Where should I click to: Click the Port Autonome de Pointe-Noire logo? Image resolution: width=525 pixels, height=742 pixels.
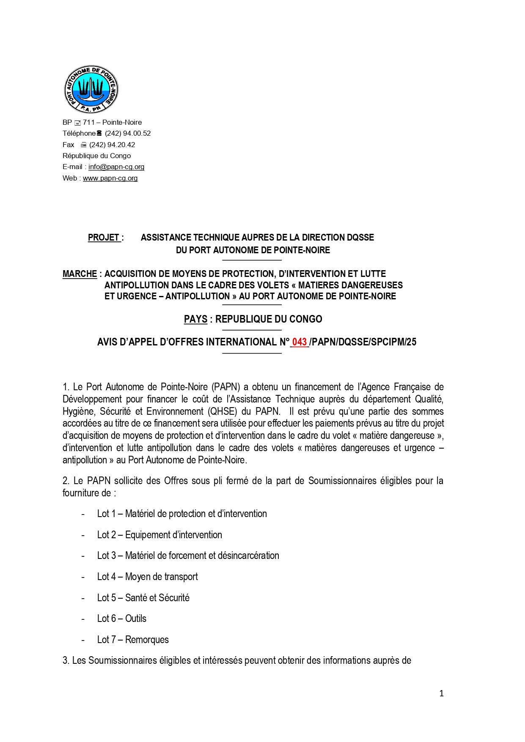tap(91, 89)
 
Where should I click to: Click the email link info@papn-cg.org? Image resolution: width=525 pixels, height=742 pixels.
tap(116, 167)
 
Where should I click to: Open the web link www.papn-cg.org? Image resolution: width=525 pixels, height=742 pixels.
tap(110, 178)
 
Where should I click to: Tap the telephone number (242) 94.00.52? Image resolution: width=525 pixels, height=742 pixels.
tap(128, 134)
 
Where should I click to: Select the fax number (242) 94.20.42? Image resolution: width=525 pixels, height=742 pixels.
tap(112, 145)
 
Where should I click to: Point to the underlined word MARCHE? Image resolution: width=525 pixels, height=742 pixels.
tap(80, 274)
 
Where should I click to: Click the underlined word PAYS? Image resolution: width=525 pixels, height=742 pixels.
tap(195, 319)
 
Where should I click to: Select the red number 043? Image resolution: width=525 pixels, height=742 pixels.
tap(300, 342)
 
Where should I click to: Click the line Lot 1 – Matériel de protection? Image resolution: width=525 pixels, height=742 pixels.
tap(182, 514)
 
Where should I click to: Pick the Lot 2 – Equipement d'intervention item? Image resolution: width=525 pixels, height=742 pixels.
tap(159, 535)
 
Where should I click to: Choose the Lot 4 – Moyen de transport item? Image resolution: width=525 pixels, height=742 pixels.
tap(147, 577)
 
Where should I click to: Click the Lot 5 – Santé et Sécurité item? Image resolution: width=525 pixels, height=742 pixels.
tap(143, 598)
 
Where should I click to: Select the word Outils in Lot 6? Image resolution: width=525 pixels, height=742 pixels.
tap(136, 619)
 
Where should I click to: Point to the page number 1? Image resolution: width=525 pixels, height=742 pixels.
tap(442, 693)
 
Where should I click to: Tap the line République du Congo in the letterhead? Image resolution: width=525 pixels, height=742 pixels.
tap(96, 156)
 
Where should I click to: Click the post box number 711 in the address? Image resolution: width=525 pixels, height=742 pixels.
tap(89, 123)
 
